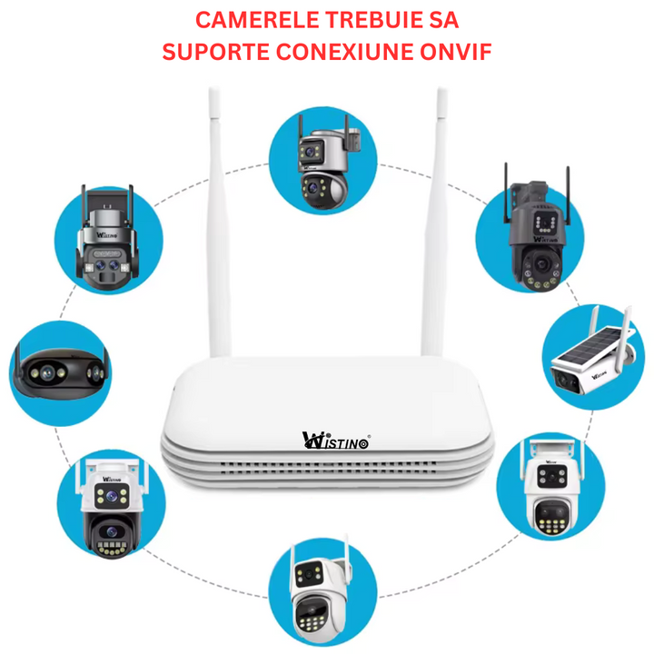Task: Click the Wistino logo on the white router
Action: [335, 441]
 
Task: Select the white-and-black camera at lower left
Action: [109, 501]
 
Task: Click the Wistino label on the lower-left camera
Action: [111, 478]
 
